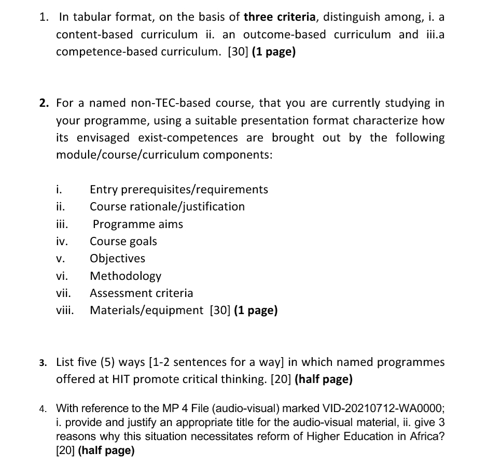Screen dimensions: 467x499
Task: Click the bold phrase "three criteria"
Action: pos(279,17)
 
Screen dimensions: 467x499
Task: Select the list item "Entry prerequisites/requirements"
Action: pos(179,189)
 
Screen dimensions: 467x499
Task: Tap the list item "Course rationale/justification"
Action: pos(167,206)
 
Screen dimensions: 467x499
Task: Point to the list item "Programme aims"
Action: pos(138,224)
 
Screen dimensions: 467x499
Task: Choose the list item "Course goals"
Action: pos(123,241)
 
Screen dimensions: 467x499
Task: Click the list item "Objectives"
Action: pos(118,258)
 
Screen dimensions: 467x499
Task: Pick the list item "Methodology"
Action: pos(126,276)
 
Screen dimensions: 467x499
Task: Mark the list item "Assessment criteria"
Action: pos(142,293)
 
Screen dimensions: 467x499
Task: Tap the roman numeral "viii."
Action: pos(65,310)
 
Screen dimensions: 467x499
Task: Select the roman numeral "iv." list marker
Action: pos(62,241)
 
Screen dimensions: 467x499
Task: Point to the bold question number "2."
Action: pos(44,103)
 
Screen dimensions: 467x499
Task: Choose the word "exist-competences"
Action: pos(188,138)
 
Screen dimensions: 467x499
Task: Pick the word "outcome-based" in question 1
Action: pos(284,35)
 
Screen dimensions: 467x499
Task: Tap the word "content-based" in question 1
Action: pos(94,35)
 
